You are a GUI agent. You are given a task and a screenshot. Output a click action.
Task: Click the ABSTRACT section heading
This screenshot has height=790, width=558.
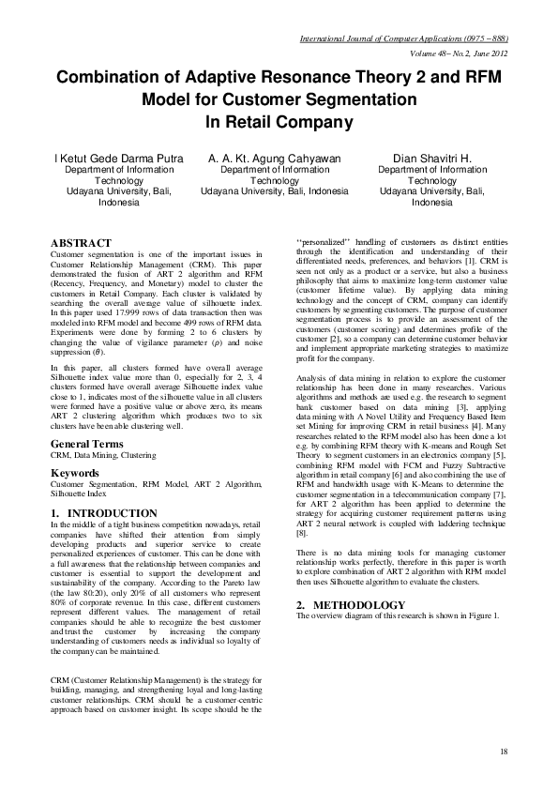pyautogui.click(x=83, y=243)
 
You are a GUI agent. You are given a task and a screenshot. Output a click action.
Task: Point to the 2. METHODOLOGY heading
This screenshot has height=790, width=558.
pyautogui.click(x=352, y=579)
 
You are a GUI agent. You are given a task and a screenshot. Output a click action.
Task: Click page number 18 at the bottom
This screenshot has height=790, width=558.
pyautogui.click(x=504, y=752)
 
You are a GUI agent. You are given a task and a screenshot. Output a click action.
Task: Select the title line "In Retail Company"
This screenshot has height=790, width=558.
pyautogui.click(x=279, y=121)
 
